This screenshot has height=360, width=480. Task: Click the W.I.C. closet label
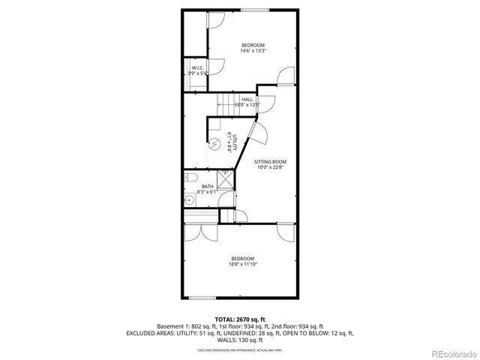click(196, 67)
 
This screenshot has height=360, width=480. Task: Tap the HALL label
click(247, 99)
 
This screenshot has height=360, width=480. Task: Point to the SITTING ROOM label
click(270, 161)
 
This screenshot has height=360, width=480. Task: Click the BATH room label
click(206, 187)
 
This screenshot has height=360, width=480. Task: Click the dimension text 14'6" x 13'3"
click(253, 51)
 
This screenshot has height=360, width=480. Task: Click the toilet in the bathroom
click(190, 179)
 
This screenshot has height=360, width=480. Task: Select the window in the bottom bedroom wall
click(201, 298)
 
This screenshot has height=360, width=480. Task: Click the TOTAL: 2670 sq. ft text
click(240, 319)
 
